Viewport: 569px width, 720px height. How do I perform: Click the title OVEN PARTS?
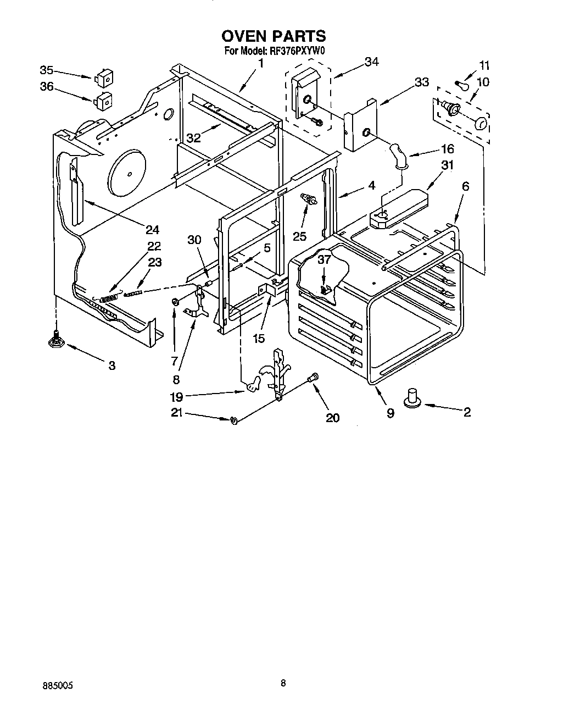pyautogui.click(x=273, y=36)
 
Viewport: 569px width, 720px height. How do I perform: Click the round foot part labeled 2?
pyautogui.click(x=412, y=398)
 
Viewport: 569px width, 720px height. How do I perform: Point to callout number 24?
pyautogui.click(x=152, y=229)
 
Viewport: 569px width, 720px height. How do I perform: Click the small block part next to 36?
pyautogui.click(x=103, y=101)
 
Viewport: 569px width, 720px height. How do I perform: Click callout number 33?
pyautogui.click(x=421, y=82)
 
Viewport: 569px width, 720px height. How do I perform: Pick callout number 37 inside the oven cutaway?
pyautogui.click(x=324, y=260)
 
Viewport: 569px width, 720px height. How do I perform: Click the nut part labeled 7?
pyautogui.click(x=175, y=302)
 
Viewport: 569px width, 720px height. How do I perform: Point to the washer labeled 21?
pyautogui.click(x=234, y=420)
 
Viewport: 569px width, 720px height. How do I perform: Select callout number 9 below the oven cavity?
pyautogui.click(x=390, y=413)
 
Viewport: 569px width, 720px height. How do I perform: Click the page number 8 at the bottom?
pyautogui.click(x=283, y=683)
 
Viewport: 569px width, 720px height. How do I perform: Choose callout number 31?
pyautogui.click(x=448, y=165)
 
